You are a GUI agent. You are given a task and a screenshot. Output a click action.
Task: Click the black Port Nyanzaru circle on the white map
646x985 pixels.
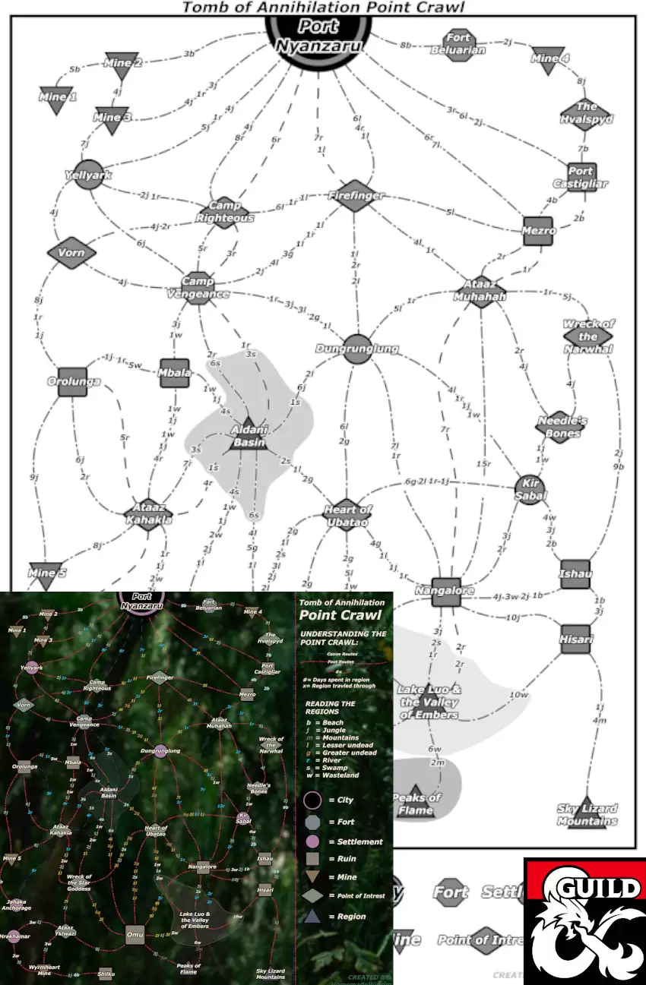pos(318,30)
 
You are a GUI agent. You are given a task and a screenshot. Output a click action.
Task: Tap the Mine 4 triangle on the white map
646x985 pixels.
pos(549,60)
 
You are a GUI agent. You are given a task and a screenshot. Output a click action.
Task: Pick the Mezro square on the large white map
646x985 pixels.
pos(539,230)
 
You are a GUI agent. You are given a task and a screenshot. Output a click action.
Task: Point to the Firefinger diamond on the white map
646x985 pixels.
pos(356,195)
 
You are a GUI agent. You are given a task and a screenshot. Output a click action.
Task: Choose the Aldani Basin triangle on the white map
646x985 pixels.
pos(248,435)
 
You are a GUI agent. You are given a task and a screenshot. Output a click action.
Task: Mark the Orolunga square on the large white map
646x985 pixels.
pos(73,381)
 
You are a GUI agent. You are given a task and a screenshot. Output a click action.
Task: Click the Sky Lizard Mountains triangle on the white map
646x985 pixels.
pos(587,813)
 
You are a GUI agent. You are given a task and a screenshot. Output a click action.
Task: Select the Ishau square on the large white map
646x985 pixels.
pos(575,573)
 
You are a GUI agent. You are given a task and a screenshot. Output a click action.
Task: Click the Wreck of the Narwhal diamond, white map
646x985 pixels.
pos(587,336)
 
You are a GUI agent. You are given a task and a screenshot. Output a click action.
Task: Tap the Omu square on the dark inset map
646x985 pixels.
pos(135,935)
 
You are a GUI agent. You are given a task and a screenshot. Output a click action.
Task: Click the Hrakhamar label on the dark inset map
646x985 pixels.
pos(14,936)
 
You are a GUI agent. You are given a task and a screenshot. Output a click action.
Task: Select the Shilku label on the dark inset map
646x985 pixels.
pos(106,973)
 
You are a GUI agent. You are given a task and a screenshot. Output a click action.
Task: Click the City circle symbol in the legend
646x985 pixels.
pos(312,800)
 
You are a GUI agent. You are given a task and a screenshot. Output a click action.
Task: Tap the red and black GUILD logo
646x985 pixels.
pos(584,921)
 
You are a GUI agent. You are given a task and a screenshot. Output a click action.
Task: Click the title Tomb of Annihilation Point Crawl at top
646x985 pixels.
pos(323,8)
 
